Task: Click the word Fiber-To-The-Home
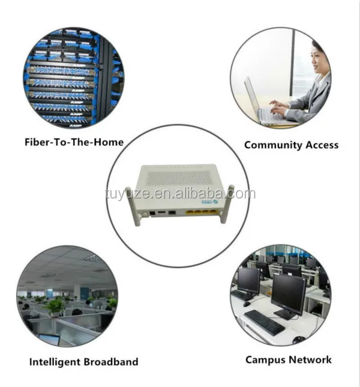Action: point(74,142)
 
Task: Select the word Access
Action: point(321,145)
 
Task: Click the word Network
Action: point(311,359)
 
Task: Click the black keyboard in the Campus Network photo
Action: point(265,322)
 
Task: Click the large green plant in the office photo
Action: point(55,306)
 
